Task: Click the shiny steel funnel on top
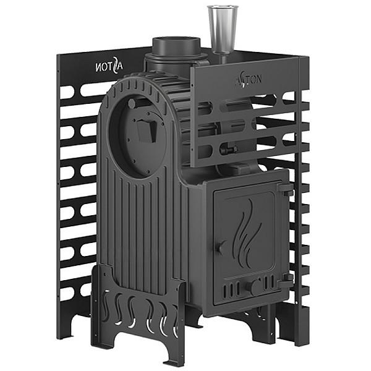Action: tap(223, 30)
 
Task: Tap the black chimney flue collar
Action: tap(176, 48)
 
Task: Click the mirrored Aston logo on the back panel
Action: tap(109, 65)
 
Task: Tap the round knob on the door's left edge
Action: tap(220, 247)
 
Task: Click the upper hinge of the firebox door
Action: tap(285, 189)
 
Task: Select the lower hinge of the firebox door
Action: tap(286, 280)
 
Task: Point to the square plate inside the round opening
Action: tap(147, 131)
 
